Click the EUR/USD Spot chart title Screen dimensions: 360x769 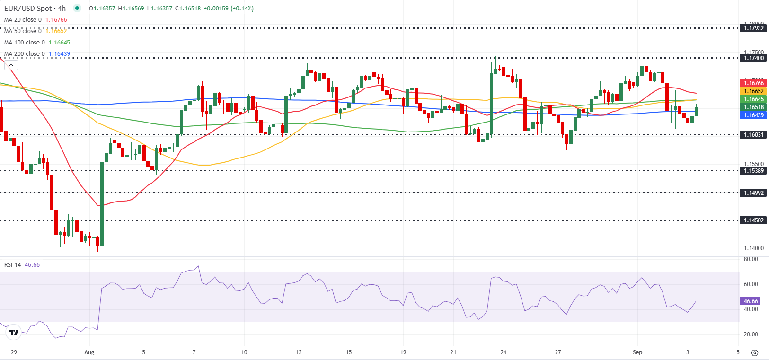pos(35,9)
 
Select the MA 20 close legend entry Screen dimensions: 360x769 pos(23,20)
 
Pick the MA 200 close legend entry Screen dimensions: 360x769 pos(25,54)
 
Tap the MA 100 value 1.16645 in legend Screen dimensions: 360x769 pos(59,43)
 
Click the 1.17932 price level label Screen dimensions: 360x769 pos(753,28)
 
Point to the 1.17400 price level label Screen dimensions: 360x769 pos(753,58)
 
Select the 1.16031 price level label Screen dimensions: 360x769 pos(753,135)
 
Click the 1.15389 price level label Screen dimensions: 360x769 pos(753,171)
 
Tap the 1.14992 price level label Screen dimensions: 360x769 pos(753,193)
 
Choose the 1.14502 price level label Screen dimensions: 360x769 pos(753,220)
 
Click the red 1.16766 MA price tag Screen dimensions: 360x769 pos(753,83)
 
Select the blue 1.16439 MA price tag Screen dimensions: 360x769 pos(753,115)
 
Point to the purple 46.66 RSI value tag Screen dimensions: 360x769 pos(751,301)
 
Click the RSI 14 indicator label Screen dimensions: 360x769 pos(13,265)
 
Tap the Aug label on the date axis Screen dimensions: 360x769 pos(89,352)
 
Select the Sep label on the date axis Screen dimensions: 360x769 pos(637,352)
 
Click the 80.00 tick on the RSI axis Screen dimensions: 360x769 pos(751,259)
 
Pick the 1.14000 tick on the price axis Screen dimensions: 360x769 pos(753,248)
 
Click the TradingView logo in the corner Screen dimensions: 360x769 pos(14,333)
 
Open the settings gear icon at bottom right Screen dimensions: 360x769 pos(755,353)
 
